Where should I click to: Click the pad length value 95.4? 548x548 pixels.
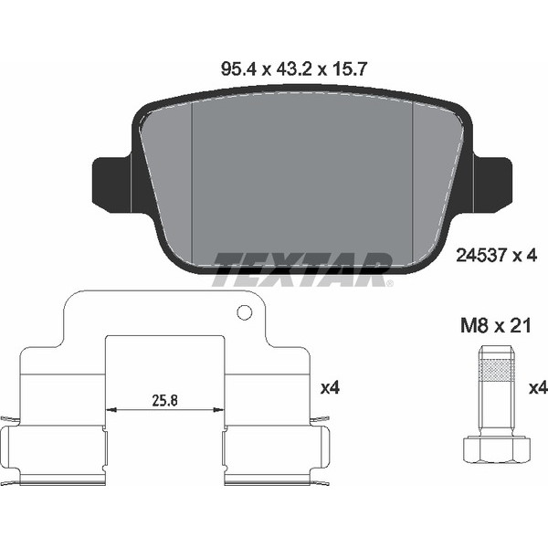click(x=239, y=69)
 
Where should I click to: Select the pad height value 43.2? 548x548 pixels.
click(x=294, y=69)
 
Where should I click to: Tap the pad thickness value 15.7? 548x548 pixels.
click(x=348, y=69)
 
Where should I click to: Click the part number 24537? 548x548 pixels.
click(x=481, y=256)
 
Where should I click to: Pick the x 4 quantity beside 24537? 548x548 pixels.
click(x=524, y=256)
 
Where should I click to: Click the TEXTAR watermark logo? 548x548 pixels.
click(x=302, y=269)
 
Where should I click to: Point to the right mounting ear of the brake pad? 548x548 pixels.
click(x=492, y=184)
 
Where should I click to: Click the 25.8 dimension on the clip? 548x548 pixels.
click(x=165, y=401)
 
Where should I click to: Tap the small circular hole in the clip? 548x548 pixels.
click(x=244, y=312)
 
